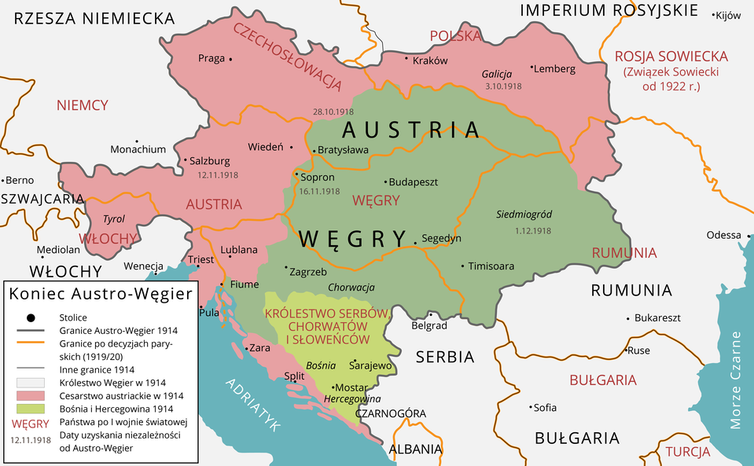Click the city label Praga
point(211,58)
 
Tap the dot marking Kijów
point(714,15)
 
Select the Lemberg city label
point(554,68)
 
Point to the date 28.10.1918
point(334,111)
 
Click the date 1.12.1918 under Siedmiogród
point(533,231)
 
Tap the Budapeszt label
point(414,182)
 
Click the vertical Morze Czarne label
point(736,380)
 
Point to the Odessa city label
point(723,235)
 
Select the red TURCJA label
point(688,452)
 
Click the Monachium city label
point(138,149)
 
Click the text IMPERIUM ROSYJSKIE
point(609,10)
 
